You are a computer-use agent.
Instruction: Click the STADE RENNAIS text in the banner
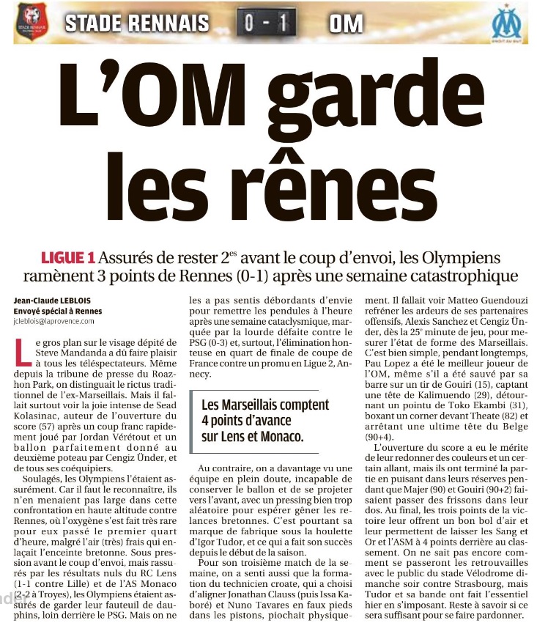137,23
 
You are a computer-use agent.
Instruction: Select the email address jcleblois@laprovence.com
59,321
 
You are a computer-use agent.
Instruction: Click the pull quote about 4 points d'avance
265,421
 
